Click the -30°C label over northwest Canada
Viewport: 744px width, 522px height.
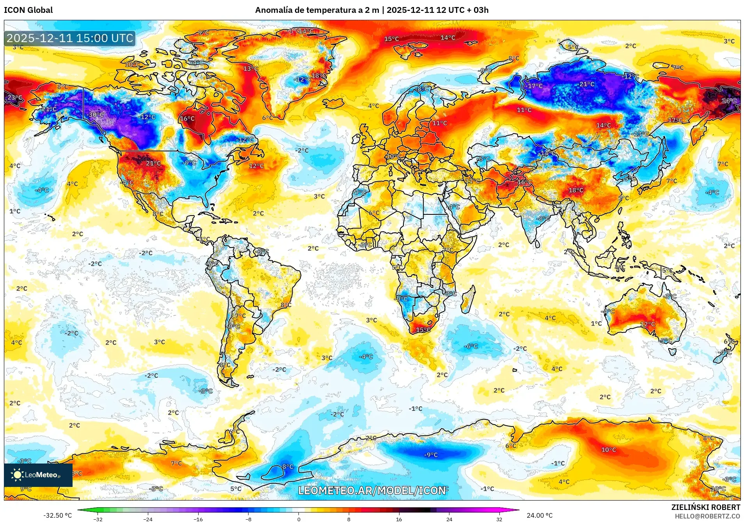tap(96, 115)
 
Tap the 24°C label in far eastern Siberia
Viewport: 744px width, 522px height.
tap(729, 101)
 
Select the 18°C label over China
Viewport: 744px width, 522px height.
tap(576, 190)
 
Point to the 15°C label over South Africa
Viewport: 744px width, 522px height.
tap(423, 330)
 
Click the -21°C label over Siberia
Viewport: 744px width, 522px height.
tap(586, 84)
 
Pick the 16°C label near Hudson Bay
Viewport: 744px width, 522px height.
tap(187, 119)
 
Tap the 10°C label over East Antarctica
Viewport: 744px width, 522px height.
tap(608, 450)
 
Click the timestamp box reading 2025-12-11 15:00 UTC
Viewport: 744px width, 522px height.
tap(70, 38)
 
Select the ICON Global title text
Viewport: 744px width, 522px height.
tap(28, 10)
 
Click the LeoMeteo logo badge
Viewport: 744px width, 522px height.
tap(38, 475)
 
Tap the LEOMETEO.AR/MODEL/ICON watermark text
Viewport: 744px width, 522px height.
tap(372, 490)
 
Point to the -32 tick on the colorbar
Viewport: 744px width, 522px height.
tap(98, 519)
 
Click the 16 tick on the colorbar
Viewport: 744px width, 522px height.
tap(399, 519)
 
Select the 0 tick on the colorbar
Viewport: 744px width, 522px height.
tap(298, 519)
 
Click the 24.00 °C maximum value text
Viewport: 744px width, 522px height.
tap(540, 515)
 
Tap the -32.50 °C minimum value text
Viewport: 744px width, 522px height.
tap(57, 515)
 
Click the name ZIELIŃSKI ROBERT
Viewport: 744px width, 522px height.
tap(705, 507)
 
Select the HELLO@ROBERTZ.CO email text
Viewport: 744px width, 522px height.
tap(707, 516)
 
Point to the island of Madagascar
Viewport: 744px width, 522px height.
tap(469, 299)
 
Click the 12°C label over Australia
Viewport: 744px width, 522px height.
tap(647, 324)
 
